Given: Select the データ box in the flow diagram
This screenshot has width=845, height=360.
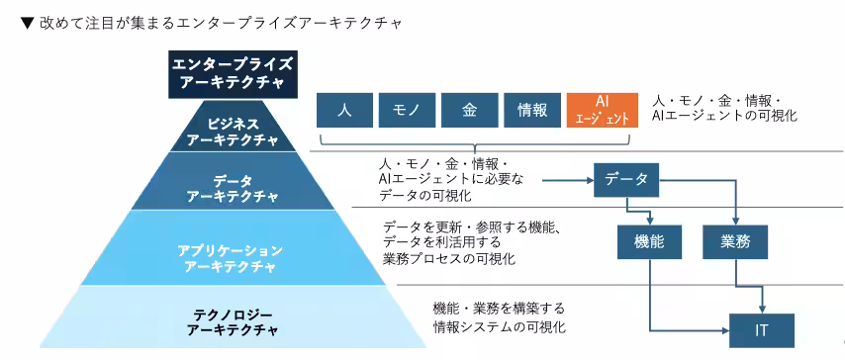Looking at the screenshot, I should pos(625,179).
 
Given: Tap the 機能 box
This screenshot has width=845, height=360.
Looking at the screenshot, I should pos(647,240).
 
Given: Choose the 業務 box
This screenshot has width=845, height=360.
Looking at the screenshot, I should pos(733,240).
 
